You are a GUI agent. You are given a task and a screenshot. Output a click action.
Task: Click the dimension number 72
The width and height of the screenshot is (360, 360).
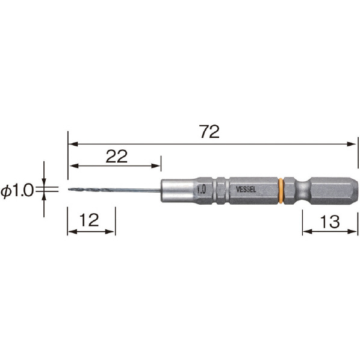209,132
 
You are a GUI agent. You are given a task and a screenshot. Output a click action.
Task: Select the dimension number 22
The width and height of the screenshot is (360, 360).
116,157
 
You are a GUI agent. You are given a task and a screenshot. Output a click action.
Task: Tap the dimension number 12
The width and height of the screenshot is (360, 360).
89,220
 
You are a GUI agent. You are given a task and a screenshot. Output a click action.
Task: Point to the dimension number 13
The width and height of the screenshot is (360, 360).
330,222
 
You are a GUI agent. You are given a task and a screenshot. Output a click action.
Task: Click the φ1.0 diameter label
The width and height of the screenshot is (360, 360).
17,191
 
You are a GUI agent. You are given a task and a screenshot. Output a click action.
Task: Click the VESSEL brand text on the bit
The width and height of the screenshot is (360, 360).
246,190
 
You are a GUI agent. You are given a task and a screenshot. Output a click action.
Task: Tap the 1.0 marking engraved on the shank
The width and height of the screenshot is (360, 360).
202,190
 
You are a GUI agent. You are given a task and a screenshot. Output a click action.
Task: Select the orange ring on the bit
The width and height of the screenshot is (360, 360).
281,191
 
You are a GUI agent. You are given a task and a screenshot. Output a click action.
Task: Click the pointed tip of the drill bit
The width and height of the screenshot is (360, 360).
69,190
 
